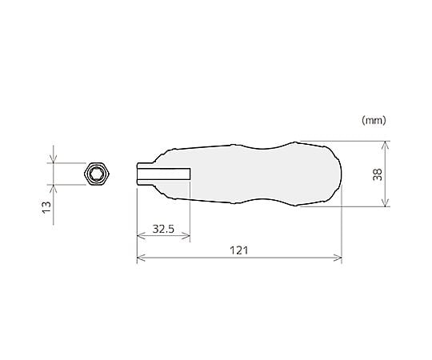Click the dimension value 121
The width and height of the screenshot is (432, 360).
tap(239, 250)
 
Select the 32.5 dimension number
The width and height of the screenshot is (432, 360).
tap(163, 229)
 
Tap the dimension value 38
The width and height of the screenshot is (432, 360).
tap(378, 174)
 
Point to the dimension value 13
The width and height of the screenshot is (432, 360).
tap(46, 207)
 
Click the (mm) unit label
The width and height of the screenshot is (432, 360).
tap(374, 120)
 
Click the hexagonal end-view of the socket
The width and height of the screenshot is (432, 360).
tap(97, 174)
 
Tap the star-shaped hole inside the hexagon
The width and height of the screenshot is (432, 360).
tap(97, 174)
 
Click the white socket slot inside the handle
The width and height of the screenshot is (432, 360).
tap(164, 174)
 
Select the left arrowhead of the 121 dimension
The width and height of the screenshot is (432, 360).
tap(141, 258)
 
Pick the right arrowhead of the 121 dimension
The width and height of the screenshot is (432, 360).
tap(338, 258)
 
